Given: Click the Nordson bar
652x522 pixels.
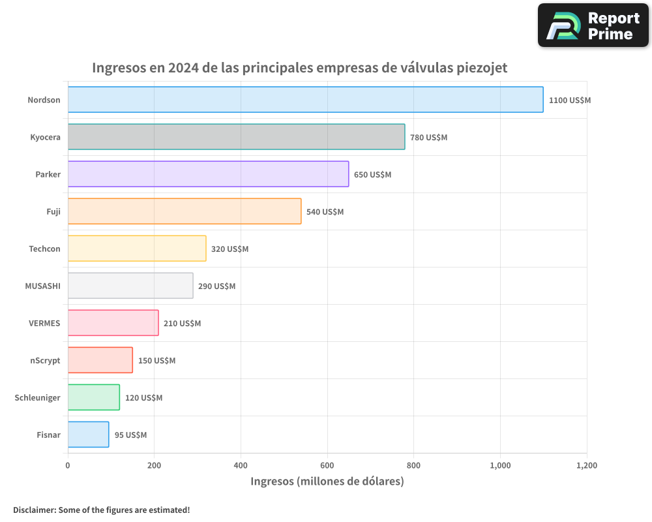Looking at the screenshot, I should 305,100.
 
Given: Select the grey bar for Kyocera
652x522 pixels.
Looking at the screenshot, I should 236,137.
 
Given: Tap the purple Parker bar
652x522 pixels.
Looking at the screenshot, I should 208,174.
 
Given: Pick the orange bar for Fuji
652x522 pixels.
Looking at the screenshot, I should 185,211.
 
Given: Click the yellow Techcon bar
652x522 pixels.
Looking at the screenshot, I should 137,249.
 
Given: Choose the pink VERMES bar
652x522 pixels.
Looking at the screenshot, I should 113,323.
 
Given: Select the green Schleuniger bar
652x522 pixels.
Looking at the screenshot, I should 93,397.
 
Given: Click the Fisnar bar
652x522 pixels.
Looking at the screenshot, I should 88,435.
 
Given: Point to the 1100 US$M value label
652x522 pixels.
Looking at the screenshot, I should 569,100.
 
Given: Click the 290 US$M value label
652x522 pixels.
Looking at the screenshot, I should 216,286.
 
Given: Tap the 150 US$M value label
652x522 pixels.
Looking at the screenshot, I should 156,361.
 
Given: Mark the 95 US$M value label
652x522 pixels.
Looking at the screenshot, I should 130,435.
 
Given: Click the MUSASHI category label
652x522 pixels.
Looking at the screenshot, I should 42,286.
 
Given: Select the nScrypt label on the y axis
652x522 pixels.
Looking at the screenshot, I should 45,360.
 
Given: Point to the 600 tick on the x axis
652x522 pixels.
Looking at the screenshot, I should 327,466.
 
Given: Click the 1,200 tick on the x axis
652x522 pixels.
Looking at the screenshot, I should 586,466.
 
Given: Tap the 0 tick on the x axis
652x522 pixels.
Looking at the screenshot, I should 68,466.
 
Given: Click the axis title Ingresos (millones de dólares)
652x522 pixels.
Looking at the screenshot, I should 327,482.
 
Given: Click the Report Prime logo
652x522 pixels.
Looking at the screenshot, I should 593,25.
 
